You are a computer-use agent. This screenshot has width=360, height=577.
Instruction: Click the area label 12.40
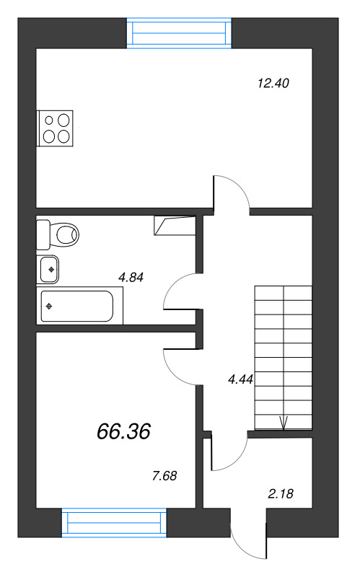(x=273, y=84)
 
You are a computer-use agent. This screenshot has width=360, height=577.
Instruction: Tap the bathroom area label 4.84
(x=131, y=277)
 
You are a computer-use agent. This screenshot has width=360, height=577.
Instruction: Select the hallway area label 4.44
(x=241, y=379)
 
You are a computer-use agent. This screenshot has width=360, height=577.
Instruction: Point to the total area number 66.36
(x=123, y=431)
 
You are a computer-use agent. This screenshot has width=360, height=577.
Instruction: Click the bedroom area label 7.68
(x=164, y=476)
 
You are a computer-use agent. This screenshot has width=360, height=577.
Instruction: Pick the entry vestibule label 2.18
(x=281, y=493)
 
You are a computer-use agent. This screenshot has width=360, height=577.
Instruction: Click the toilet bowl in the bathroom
(x=67, y=234)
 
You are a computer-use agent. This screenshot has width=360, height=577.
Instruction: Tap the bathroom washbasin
(x=49, y=269)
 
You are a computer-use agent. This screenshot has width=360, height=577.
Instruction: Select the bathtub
(x=79, y=306)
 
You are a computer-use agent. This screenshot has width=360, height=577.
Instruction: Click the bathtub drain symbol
(x=48, y=306)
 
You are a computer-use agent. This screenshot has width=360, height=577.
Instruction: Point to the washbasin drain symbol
(x=51, y=269)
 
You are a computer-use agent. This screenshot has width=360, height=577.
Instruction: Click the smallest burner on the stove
(x=49, y=120)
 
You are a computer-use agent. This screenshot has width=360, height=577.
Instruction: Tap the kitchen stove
(x=55, y=128)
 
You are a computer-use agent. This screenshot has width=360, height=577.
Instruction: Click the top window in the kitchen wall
(x=179, y=33)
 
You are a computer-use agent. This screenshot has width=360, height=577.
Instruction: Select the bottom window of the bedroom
(x=114, y=523)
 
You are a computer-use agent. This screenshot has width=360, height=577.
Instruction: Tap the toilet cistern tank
(x=43, y=234)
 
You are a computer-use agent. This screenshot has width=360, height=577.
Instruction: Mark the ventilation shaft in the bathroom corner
(x=175, y=226)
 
